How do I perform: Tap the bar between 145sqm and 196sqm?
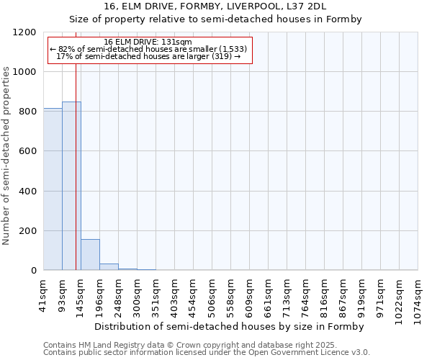(90, 255)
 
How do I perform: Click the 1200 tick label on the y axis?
(24, 32)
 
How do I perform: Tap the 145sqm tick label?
(81, 294)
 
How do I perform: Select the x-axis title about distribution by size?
(229, 326)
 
